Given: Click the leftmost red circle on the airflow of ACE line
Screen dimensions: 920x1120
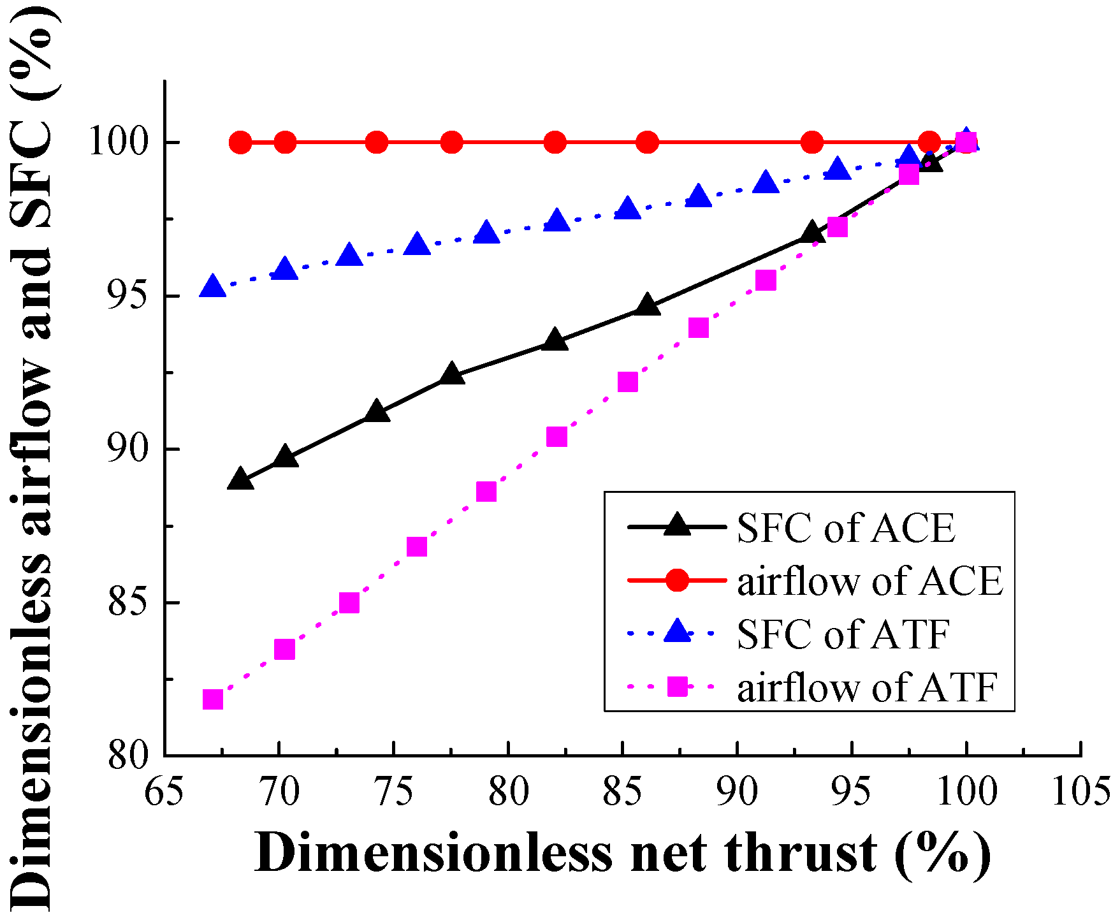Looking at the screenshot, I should pos(240,142).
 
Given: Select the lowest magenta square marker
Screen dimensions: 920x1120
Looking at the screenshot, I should pos(212,699).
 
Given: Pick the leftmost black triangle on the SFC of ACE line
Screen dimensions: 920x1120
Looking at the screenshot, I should pos(240,479).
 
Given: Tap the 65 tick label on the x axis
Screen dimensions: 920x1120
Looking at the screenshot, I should pos(164,792).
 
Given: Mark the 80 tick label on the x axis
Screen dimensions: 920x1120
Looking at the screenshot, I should pos(508,792).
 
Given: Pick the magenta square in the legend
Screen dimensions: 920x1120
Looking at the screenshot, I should pos(677,687).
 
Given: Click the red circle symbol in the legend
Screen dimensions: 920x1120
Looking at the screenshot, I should pos(677,580).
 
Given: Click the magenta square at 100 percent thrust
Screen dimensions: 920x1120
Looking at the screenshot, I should pos(966,143).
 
